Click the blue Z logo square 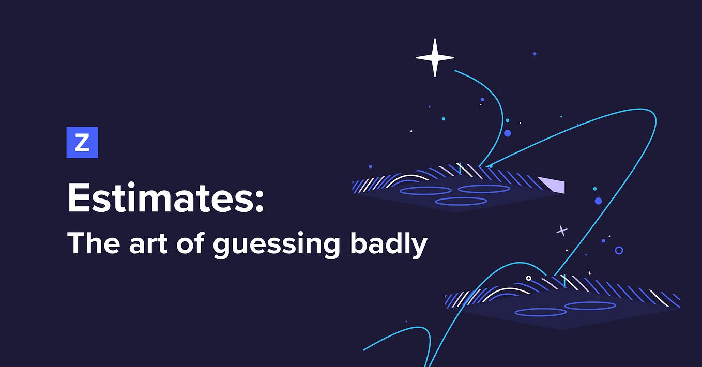pos(82,142)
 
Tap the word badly pos(388,244)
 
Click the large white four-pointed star pos(435,58)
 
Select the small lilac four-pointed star pos(561,231)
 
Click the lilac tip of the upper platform pos(552,185)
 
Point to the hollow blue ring pos(619,250)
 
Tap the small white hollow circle pos(528,278)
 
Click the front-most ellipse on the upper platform pos(461,201)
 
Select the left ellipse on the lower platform pos(540,312)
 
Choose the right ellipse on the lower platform pos(590,305)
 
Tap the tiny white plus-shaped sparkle pos(589,273)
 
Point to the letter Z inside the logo pos(82,143)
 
